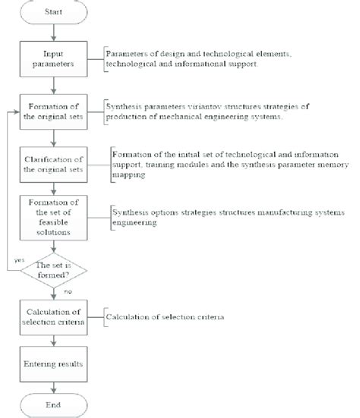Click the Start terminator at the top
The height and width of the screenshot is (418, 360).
coord(52,13)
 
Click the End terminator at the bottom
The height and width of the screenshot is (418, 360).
coord(52,404)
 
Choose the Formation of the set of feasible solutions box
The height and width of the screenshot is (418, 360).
coord(52,216)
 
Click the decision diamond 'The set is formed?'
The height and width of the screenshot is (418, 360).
coord(52,270)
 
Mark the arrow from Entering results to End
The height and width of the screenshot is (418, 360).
coord(52,385)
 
